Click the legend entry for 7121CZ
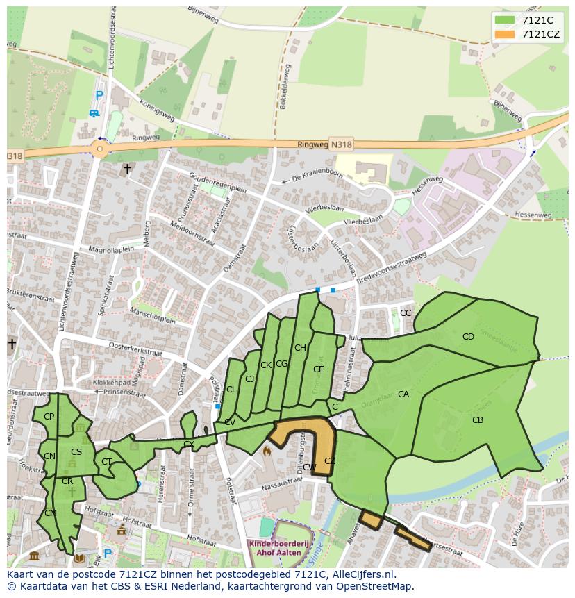(541, 34)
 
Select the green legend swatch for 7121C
(505, 20)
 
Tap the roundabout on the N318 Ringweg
(100, 149)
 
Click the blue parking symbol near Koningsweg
(99, 96)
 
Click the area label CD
(468, 337)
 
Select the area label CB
(478, 420)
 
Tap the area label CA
(403, 394)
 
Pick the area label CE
(318, 369)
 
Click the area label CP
(49, 417)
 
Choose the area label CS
(76, 452)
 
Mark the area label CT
(106, 461)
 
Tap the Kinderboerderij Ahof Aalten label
(275, 547)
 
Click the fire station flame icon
(266, 451)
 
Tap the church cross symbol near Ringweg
(126, 168)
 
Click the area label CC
(406, 313)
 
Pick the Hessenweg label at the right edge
(535, 216)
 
